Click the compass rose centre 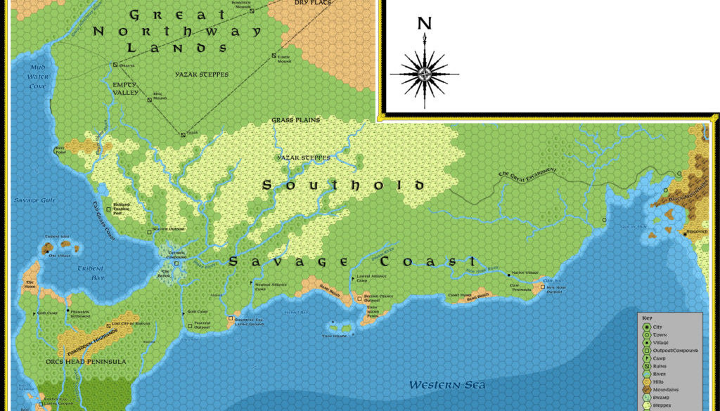pyautogui.click(x=425, y=73)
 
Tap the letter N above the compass pyautogui.click(x=425, y=23)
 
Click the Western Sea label pyautogui.click(x=447, y=384)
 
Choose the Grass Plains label pyautogui.click(x=295, y=120)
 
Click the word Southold pyautogui.click(x=343, y=185)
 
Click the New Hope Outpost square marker pyautogui.click(x=542, y=287)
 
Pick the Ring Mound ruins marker pyautogui.click(x=150, y=99)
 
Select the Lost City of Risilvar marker pyautogui.click(x=108, y=325)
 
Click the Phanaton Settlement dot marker pyautogui.click(x=68, y=310)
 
